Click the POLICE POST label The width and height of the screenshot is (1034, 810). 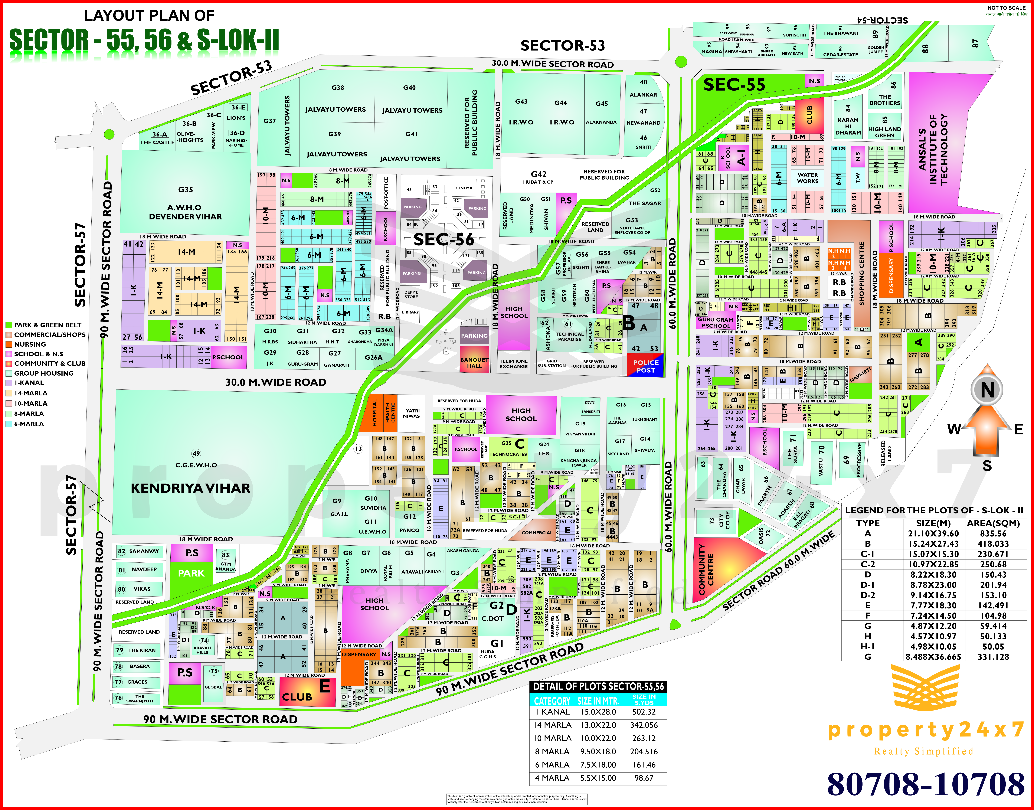pyautogui.click(x=646, y=366)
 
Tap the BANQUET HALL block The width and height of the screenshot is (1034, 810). pyautogui.click(x=474, y=363)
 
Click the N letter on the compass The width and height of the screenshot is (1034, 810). pyautogui.click(x=988, y=390)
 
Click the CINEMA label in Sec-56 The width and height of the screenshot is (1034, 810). pyautogui.click(x=464, y=188)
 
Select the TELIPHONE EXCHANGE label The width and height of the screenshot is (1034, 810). pyautogui.click(x=513, y=364)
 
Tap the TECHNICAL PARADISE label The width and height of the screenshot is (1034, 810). pyautogui.click(x=569, y=337)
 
